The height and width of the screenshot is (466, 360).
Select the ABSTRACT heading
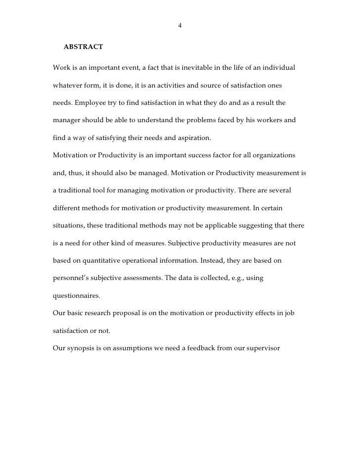(x=83, y=47)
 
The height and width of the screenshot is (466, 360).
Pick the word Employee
(x=90, y=104)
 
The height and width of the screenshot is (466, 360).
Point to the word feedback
(x=210, y=347)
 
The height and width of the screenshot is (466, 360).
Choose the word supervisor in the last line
(x=263, y=347)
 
